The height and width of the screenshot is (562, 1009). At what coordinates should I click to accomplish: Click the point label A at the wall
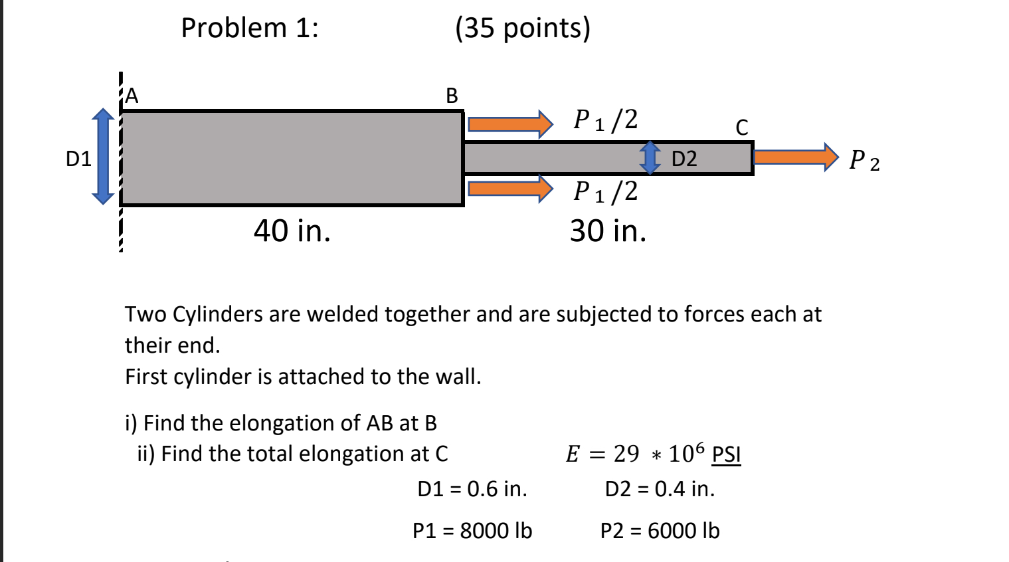point(132,96)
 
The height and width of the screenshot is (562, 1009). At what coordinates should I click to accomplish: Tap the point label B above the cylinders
point(452,96)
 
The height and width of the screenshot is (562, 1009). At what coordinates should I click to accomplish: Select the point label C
point(742,127)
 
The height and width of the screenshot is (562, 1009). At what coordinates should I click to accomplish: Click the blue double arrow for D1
point(103,157)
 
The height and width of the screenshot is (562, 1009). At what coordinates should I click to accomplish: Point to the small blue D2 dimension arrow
point(650,157)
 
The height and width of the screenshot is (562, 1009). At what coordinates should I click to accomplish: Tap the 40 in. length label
point(292,231)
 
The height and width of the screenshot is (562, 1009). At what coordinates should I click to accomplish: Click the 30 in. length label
point(608,231)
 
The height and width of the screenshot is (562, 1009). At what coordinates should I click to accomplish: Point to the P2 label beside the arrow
point(864,161)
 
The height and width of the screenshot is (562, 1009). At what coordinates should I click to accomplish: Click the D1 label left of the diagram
point(78,159)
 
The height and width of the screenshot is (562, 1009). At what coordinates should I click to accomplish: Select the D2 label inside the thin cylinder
point(684,159)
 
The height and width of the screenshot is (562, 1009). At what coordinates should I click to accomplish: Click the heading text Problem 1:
point(250,28)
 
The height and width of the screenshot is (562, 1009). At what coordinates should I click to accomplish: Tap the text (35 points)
point(523,28)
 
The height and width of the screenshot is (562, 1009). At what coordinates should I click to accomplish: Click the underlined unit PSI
point(726,454)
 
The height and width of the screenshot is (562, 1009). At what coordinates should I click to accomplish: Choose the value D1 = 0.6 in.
point(472,489)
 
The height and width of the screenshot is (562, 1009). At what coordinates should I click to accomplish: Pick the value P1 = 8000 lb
point(472,531)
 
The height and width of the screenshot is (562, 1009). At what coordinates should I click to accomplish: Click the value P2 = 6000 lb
point(660,531)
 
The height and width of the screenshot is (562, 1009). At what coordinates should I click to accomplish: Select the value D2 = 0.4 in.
point(660,489)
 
